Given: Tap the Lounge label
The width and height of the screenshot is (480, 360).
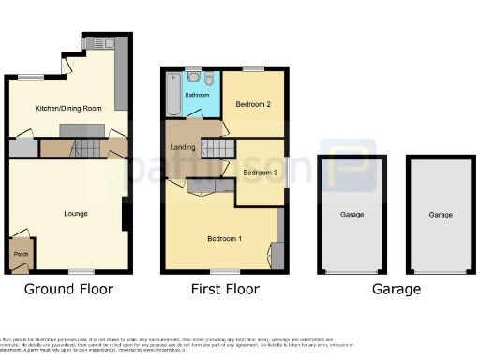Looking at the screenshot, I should [x=75, y=214].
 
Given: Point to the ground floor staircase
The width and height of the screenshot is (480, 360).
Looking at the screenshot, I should [x=85, y=146].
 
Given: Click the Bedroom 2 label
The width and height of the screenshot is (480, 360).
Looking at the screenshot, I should [x=253, y=104].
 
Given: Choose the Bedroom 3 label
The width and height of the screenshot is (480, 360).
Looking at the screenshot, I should [x=261, y=172].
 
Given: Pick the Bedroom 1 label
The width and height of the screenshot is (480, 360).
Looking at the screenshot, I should [x=225, y=239].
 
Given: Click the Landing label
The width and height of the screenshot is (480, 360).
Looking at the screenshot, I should [x=182, y=147].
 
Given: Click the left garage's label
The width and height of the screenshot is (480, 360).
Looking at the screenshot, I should [x=352, y=215].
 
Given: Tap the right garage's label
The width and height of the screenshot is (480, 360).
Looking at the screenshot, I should [x=441, y=215].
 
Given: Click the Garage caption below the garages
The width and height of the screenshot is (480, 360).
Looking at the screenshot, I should [x=396, y=289].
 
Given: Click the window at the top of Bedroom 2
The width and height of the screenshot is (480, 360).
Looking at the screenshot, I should [x=253, y=67].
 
